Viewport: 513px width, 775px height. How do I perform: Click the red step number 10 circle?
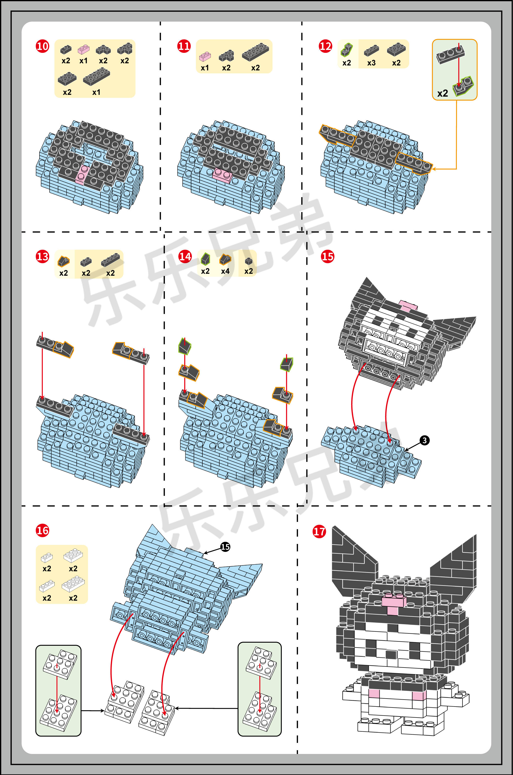coord(43,46)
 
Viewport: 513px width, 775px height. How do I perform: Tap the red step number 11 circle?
coord(184,46)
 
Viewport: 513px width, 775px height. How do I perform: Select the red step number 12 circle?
coord(325,46)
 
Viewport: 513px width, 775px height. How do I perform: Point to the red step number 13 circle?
coord(43,256)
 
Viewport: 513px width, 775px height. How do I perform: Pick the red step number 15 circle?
coord(328,256)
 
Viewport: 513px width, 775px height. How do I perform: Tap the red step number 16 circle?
coord(43,530)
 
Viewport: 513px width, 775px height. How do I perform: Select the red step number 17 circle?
coord(319,531)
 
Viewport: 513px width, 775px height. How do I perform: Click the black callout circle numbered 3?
coord(424,440)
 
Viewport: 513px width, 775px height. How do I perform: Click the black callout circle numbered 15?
coord(225,547)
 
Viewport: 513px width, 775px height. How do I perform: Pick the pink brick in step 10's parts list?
coord(84,49)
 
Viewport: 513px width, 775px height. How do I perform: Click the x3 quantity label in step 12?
coord(371,63)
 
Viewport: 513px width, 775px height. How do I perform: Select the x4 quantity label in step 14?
coord(225,271)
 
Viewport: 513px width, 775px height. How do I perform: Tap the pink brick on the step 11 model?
coord(222,174)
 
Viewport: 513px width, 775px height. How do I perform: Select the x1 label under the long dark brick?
coord(96,92)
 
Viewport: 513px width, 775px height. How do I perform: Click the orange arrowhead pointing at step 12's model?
coord(435,169)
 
